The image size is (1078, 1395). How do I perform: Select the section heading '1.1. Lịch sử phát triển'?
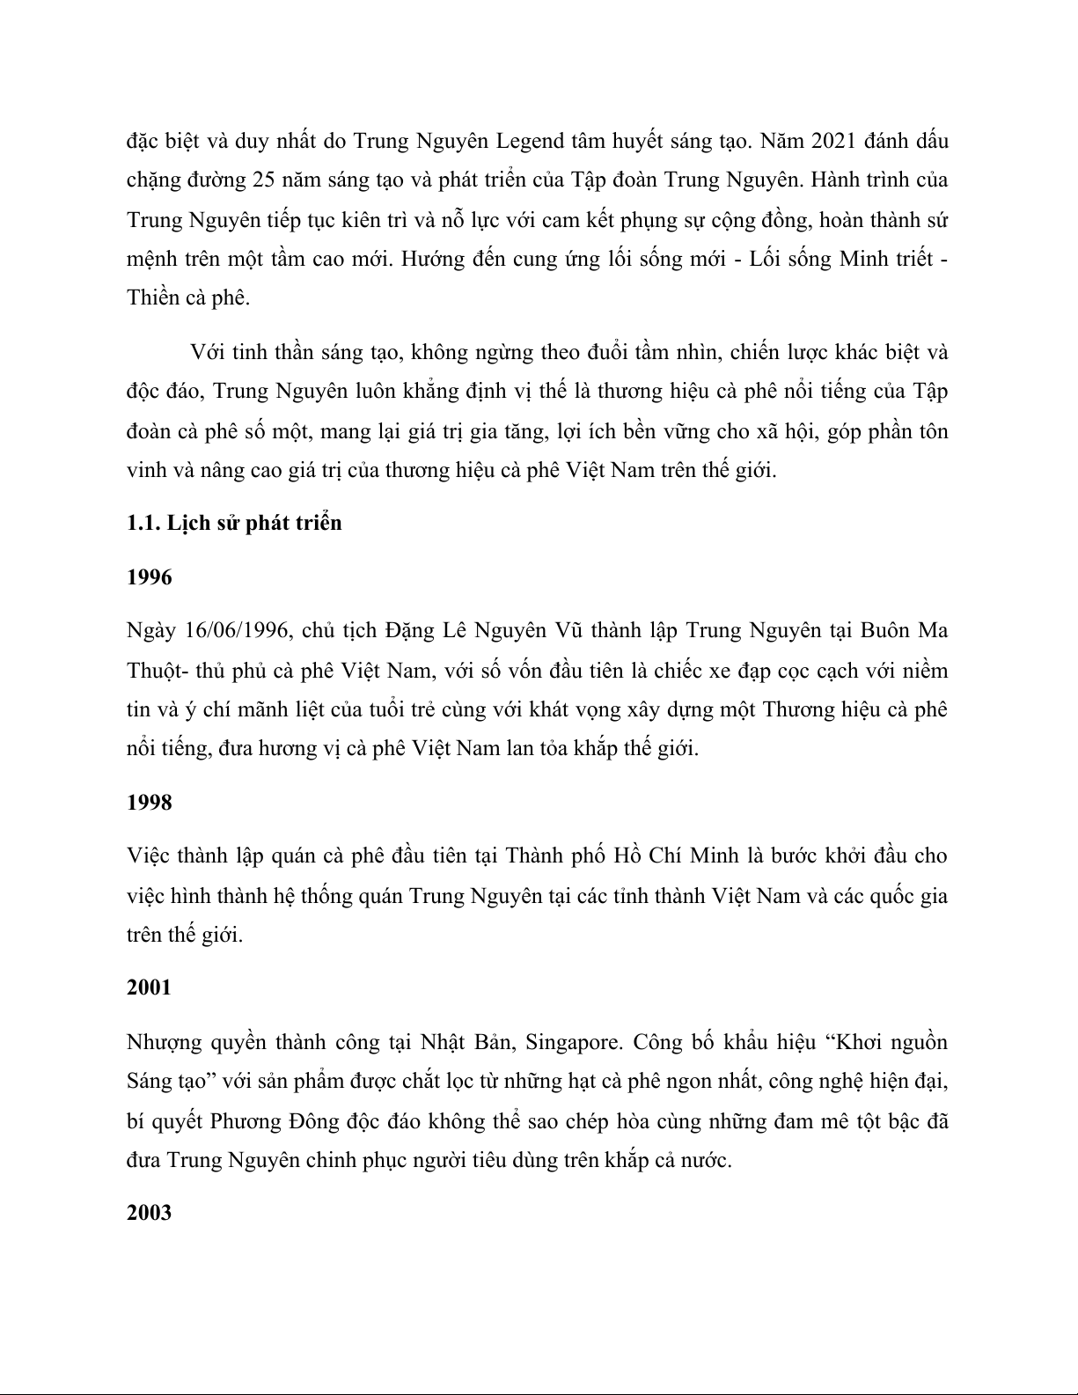(x=234, y=523)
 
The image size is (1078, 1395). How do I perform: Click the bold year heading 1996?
(x=150, y=577)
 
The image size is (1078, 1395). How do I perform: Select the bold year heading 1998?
(x=150, y=803)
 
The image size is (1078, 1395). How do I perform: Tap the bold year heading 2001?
(x=150, y=988)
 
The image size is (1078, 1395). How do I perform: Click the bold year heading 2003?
(x=150, y=1213)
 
